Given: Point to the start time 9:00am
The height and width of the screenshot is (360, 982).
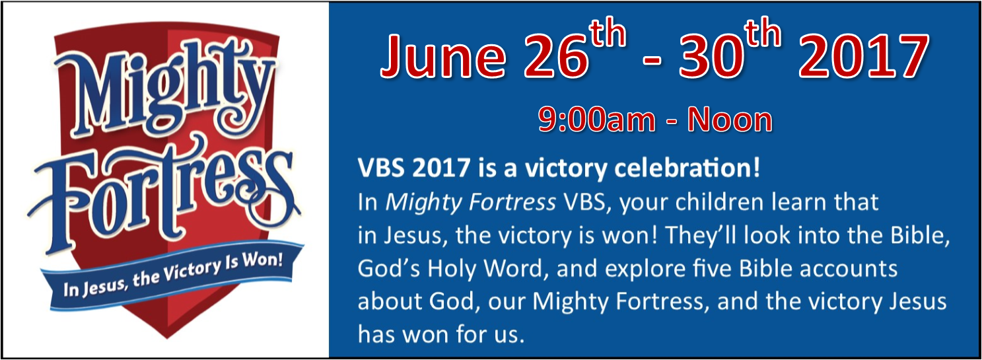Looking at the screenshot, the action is tap(596, 120).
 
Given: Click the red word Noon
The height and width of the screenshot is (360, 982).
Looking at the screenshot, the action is tap(730, 120).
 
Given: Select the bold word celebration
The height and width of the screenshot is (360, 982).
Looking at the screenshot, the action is tap(687, 168).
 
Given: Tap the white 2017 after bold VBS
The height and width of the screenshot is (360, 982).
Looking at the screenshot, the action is tap(441, 168).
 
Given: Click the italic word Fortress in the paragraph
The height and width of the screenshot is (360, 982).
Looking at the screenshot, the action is tap(512, 202).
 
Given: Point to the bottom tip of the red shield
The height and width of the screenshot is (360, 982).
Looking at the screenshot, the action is tap(167, 338).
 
